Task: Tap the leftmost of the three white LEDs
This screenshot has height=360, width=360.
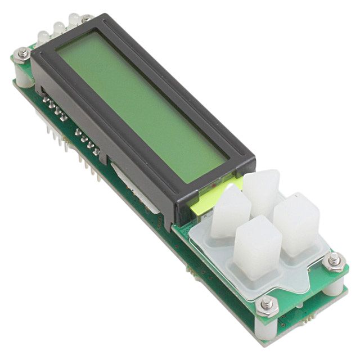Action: pos(43,39)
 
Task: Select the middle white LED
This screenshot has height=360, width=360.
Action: pos(58,29)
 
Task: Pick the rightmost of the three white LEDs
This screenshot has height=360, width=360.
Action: pos(74,20)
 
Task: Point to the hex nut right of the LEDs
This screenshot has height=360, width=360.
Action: pos(87,19)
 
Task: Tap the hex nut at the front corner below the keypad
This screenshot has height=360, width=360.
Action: pos(267,304)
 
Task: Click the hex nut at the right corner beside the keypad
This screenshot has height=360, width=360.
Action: pos(334,260)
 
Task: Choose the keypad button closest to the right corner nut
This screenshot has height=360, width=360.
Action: pos(296,222)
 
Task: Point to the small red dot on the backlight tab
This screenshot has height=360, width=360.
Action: pos(214,184)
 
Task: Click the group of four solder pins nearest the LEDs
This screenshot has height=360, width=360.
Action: pos(55,110)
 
